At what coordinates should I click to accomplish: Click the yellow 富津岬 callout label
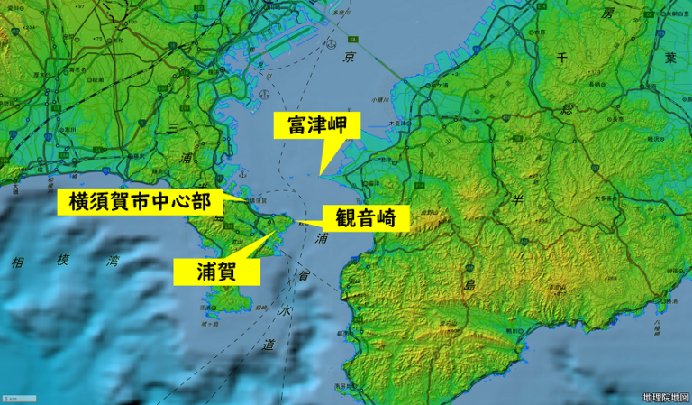[316, 125]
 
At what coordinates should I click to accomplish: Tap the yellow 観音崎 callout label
[371, 217]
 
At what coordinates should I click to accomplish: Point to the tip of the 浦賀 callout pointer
[275, 231]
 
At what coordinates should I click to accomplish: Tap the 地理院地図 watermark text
[665, 397]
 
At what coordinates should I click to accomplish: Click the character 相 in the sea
[16, 262]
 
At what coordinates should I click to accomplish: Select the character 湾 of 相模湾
[114, 262]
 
